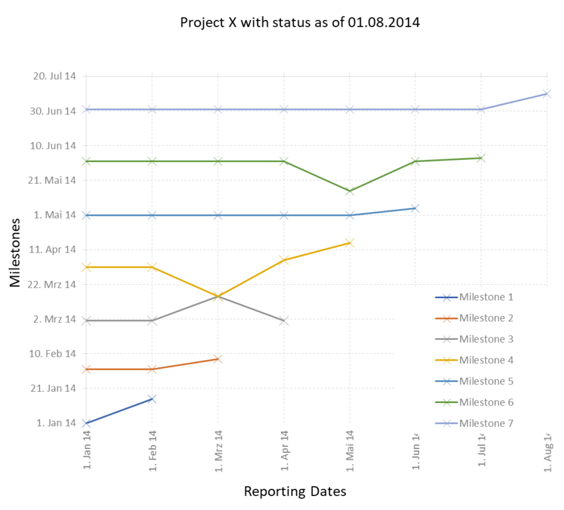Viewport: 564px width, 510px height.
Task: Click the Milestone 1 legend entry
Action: click(486, 297)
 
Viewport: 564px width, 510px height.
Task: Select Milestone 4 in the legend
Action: click(486, 361)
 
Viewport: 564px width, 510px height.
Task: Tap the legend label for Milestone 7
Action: click(486, 424)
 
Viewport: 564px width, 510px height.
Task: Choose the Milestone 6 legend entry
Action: click(486, 402)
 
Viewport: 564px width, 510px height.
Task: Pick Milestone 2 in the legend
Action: click(486, 319)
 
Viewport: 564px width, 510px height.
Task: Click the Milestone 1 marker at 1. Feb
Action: click(152, 398)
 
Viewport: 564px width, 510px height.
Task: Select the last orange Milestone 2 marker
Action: click(218, 359)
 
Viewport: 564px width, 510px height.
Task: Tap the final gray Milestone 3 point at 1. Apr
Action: click(284, 321)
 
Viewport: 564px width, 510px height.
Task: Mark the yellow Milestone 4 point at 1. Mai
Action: click(349, 243)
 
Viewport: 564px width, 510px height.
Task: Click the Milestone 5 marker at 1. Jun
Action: click(415, 209)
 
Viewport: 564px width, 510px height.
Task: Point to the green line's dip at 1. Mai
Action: click(349, 191)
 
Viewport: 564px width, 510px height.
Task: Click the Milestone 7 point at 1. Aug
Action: click(547, 94)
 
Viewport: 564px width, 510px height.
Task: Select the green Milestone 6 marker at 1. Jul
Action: click(481, 158)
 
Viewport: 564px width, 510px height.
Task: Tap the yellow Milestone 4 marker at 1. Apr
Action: click(284, 260)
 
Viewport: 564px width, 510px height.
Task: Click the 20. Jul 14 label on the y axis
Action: click(55, 76)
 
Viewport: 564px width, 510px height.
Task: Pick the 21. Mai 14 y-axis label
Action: click(55, 180)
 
